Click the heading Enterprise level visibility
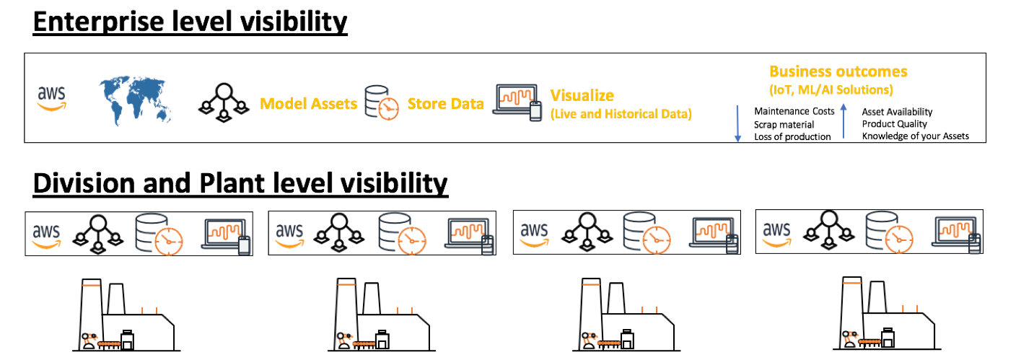point(190,22)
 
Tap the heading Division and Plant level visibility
point(240,183)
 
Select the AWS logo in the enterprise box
point(52,98)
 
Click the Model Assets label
point(308,104)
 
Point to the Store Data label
point(445,104)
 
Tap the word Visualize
point(582,95)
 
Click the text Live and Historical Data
point(621,114)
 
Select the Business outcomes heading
point(838,72)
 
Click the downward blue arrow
point(737,123)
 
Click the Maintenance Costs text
point(794,111)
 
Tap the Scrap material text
point(784,124)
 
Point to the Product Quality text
point(894,124)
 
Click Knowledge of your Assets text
point(915,136)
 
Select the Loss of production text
point(792,136)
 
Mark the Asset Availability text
point(897,112)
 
